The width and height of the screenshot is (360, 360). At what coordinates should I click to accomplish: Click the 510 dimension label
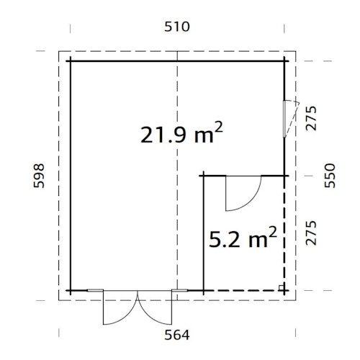[177, 27]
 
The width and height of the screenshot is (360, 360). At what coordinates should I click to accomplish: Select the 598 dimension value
[41, 175]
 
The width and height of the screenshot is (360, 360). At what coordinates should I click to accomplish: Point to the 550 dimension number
[330, 175]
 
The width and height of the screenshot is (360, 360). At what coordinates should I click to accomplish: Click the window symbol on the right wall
[288, 117]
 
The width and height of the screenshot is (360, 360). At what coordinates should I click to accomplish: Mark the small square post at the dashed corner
[282, 287]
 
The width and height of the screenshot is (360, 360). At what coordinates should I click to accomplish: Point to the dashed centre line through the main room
[178, 216]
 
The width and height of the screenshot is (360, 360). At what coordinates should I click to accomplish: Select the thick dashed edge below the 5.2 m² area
[245, 291]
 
